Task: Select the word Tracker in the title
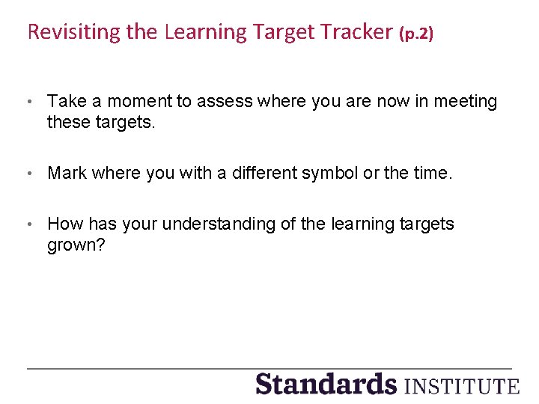pos(356,32)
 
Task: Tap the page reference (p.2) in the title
pos(416,34)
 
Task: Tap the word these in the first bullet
pos(68,122)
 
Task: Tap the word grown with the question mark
pos(76,245)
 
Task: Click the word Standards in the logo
pos(326,384)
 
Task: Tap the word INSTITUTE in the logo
pos(461,386)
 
